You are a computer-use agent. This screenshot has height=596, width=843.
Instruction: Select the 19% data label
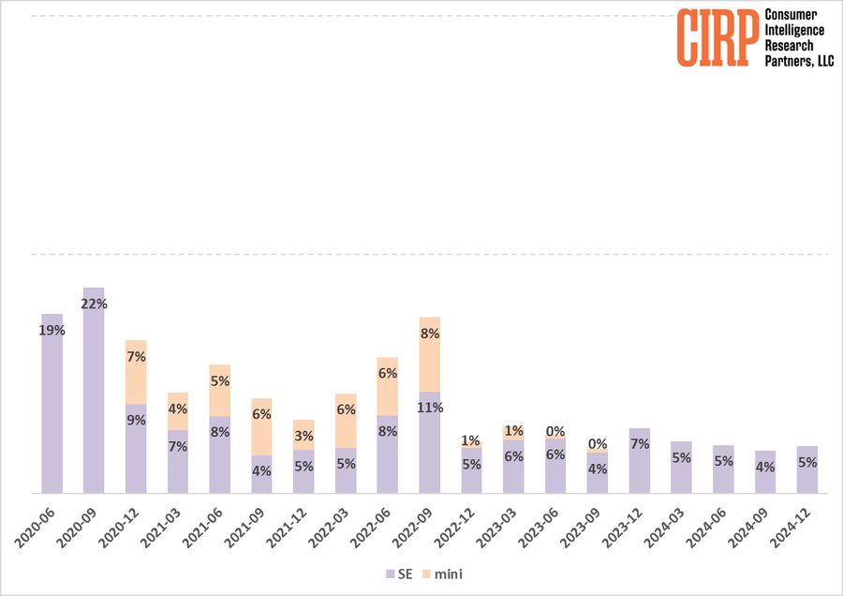[52, 330]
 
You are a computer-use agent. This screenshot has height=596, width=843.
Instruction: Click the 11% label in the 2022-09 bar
[430, 408]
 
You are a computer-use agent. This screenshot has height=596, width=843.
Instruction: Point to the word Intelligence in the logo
[795, 30]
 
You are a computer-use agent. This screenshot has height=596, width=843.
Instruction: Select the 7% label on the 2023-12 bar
[640, 443]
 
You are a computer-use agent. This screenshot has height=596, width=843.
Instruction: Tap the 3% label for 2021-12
[303, 436]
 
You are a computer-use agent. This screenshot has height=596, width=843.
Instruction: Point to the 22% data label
[95, 304]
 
